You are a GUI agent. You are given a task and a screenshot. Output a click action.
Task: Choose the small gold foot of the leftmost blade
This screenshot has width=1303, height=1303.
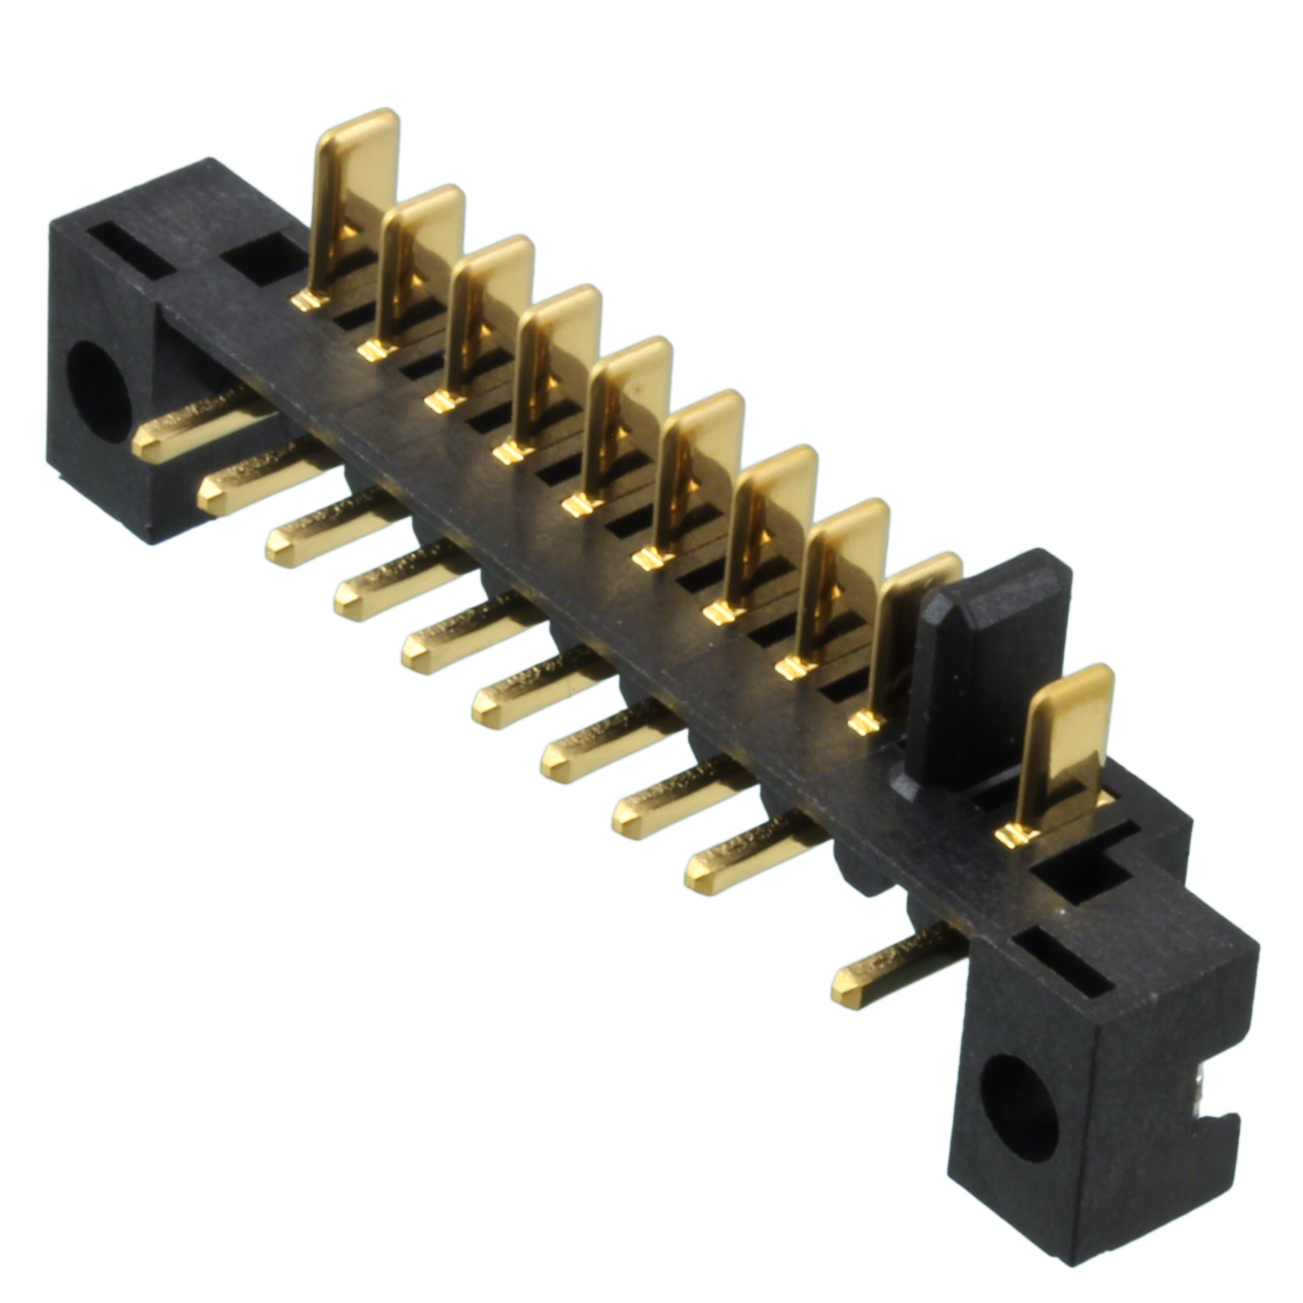pos(307,300)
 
